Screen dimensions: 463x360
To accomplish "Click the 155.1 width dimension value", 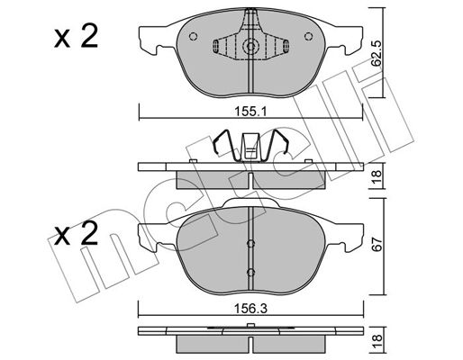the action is tap(250, 112).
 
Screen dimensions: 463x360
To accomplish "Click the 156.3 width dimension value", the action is tap(250, 308).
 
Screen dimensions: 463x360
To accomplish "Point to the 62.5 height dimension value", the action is tap(377, 54).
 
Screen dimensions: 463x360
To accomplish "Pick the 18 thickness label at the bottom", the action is tap(377, 341).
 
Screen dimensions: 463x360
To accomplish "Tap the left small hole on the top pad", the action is tap(193, 36).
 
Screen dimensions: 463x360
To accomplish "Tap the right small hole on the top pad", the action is tap(308, 36).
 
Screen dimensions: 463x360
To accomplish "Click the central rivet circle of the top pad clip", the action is tap(250, 46).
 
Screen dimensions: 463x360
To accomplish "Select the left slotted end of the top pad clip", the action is tap(215, 46).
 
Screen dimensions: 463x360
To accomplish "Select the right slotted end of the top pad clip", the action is tap(286, 46).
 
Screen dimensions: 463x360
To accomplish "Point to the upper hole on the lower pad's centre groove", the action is tap(250, 243).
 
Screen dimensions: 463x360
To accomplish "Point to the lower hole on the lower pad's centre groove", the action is tap(250, 273).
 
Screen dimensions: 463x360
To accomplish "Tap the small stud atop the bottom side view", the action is tap(250, 325).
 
